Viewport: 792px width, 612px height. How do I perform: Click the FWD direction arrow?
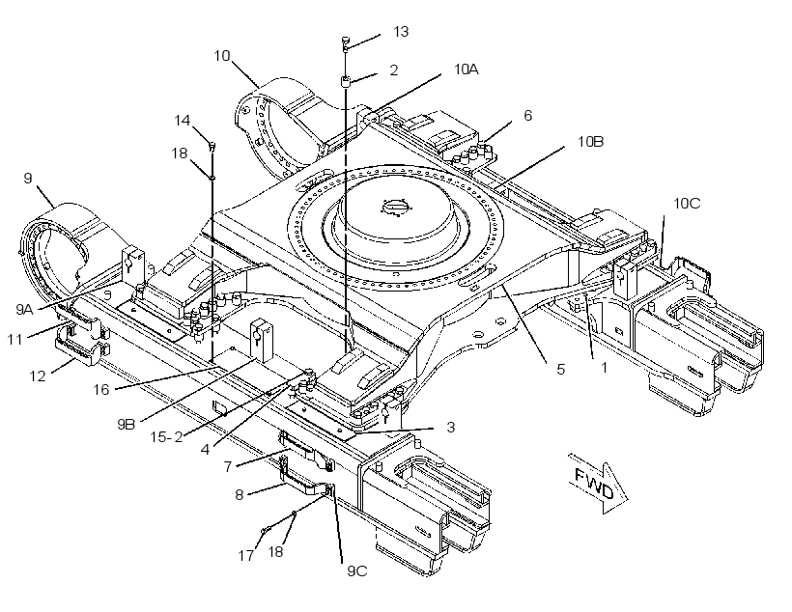click(x=599, y=485)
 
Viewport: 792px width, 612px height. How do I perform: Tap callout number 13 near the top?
click(x=401, y=32)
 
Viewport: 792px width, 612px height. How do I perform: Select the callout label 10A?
click(x=466, y=70)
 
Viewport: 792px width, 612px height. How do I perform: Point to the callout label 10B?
click(x=590, y=142)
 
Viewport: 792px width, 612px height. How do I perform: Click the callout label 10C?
click(x=687, y=204)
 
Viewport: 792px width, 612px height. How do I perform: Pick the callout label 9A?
click(x=24, y=309)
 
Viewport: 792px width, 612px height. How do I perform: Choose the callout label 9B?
click(x=126, y=424)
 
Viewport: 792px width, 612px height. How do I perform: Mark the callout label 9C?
click(x=356, y=571)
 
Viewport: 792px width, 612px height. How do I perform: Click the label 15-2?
click(x=166, y=436)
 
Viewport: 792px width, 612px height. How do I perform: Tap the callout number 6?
click(x=527, y=116)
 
